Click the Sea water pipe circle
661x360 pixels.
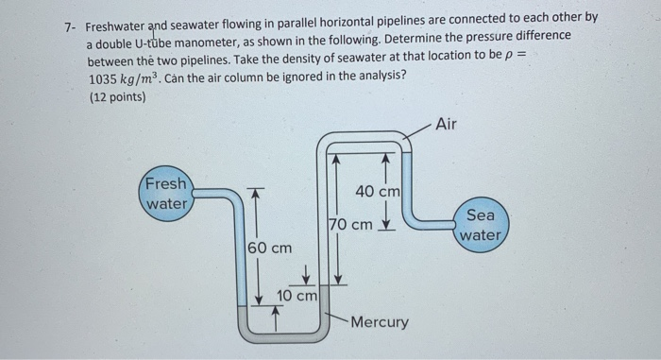click(482, 225)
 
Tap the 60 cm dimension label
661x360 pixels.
click(269, 248)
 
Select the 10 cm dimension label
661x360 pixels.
click(297, 297)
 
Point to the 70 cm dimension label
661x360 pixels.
click(350, 225)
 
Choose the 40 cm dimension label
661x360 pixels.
click(378, 192)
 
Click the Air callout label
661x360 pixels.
click(448, 124)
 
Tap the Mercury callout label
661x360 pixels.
click(379, 322)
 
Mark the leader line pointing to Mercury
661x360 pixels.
click(336, 317)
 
